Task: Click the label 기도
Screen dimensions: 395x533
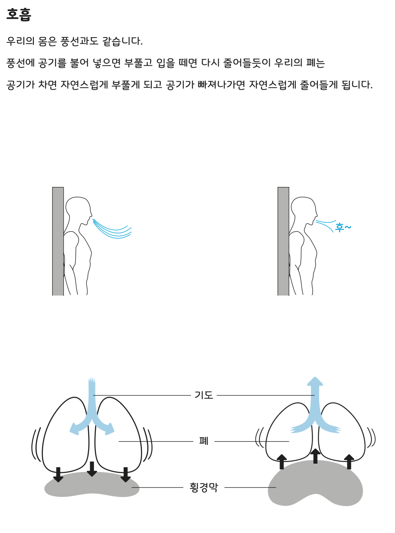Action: click(204, 395)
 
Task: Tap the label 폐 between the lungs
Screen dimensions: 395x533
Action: click(204, 441)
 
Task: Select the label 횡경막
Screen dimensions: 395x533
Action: click(204, 487)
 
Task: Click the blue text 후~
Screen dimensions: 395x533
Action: click(343, 227)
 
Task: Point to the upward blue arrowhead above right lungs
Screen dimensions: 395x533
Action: click(315, 381)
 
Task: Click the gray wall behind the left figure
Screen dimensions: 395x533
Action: click(58, 241)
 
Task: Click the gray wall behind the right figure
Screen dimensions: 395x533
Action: click(283, 241)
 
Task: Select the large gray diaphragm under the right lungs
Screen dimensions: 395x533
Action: click(315, 484)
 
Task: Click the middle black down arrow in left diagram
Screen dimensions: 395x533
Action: click(92, 469)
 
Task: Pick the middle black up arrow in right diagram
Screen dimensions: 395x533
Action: click(315, 456)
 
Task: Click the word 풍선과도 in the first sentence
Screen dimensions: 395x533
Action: click(79, 41)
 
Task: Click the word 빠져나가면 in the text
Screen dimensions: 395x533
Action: click(221, 84)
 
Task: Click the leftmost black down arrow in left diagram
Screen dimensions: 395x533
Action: click(58, 475)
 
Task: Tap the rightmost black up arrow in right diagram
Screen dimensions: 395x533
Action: click(349, 462)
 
